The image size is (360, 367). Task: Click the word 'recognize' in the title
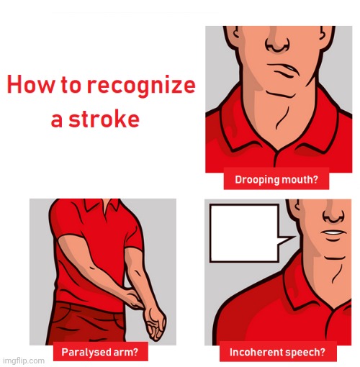click(x=141, y=86)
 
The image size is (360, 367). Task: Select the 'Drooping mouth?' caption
click(x=276, y=179)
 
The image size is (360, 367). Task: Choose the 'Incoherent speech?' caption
click(x=277, y=353)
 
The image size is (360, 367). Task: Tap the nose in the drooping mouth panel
click(x=279, y=42)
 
